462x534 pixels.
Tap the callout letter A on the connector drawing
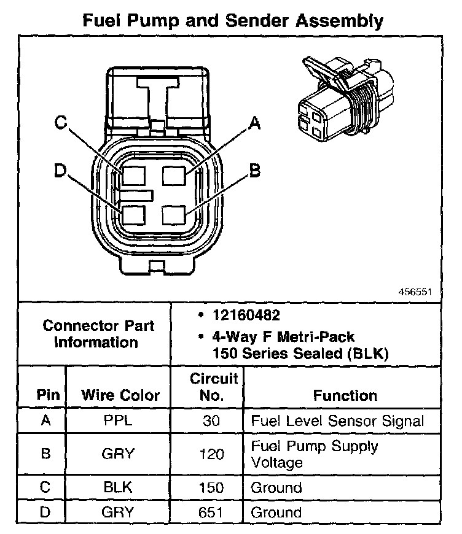(x=254, y=125)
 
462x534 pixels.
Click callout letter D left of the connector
(x=60, y=170)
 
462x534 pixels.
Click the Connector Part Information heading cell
(x=98, y=333)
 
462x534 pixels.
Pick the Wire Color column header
(x=120, y=395)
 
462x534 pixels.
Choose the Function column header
(x=345, y=395)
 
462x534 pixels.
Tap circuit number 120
(x=212, y=455)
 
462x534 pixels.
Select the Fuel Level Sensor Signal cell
(x=337, y=421)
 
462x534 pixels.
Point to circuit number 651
(x=212, y=512)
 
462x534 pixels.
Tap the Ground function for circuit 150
(x=277, y=488)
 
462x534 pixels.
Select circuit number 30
(x=212, y=421)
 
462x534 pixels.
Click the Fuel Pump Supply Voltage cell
(x=315, y=454)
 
